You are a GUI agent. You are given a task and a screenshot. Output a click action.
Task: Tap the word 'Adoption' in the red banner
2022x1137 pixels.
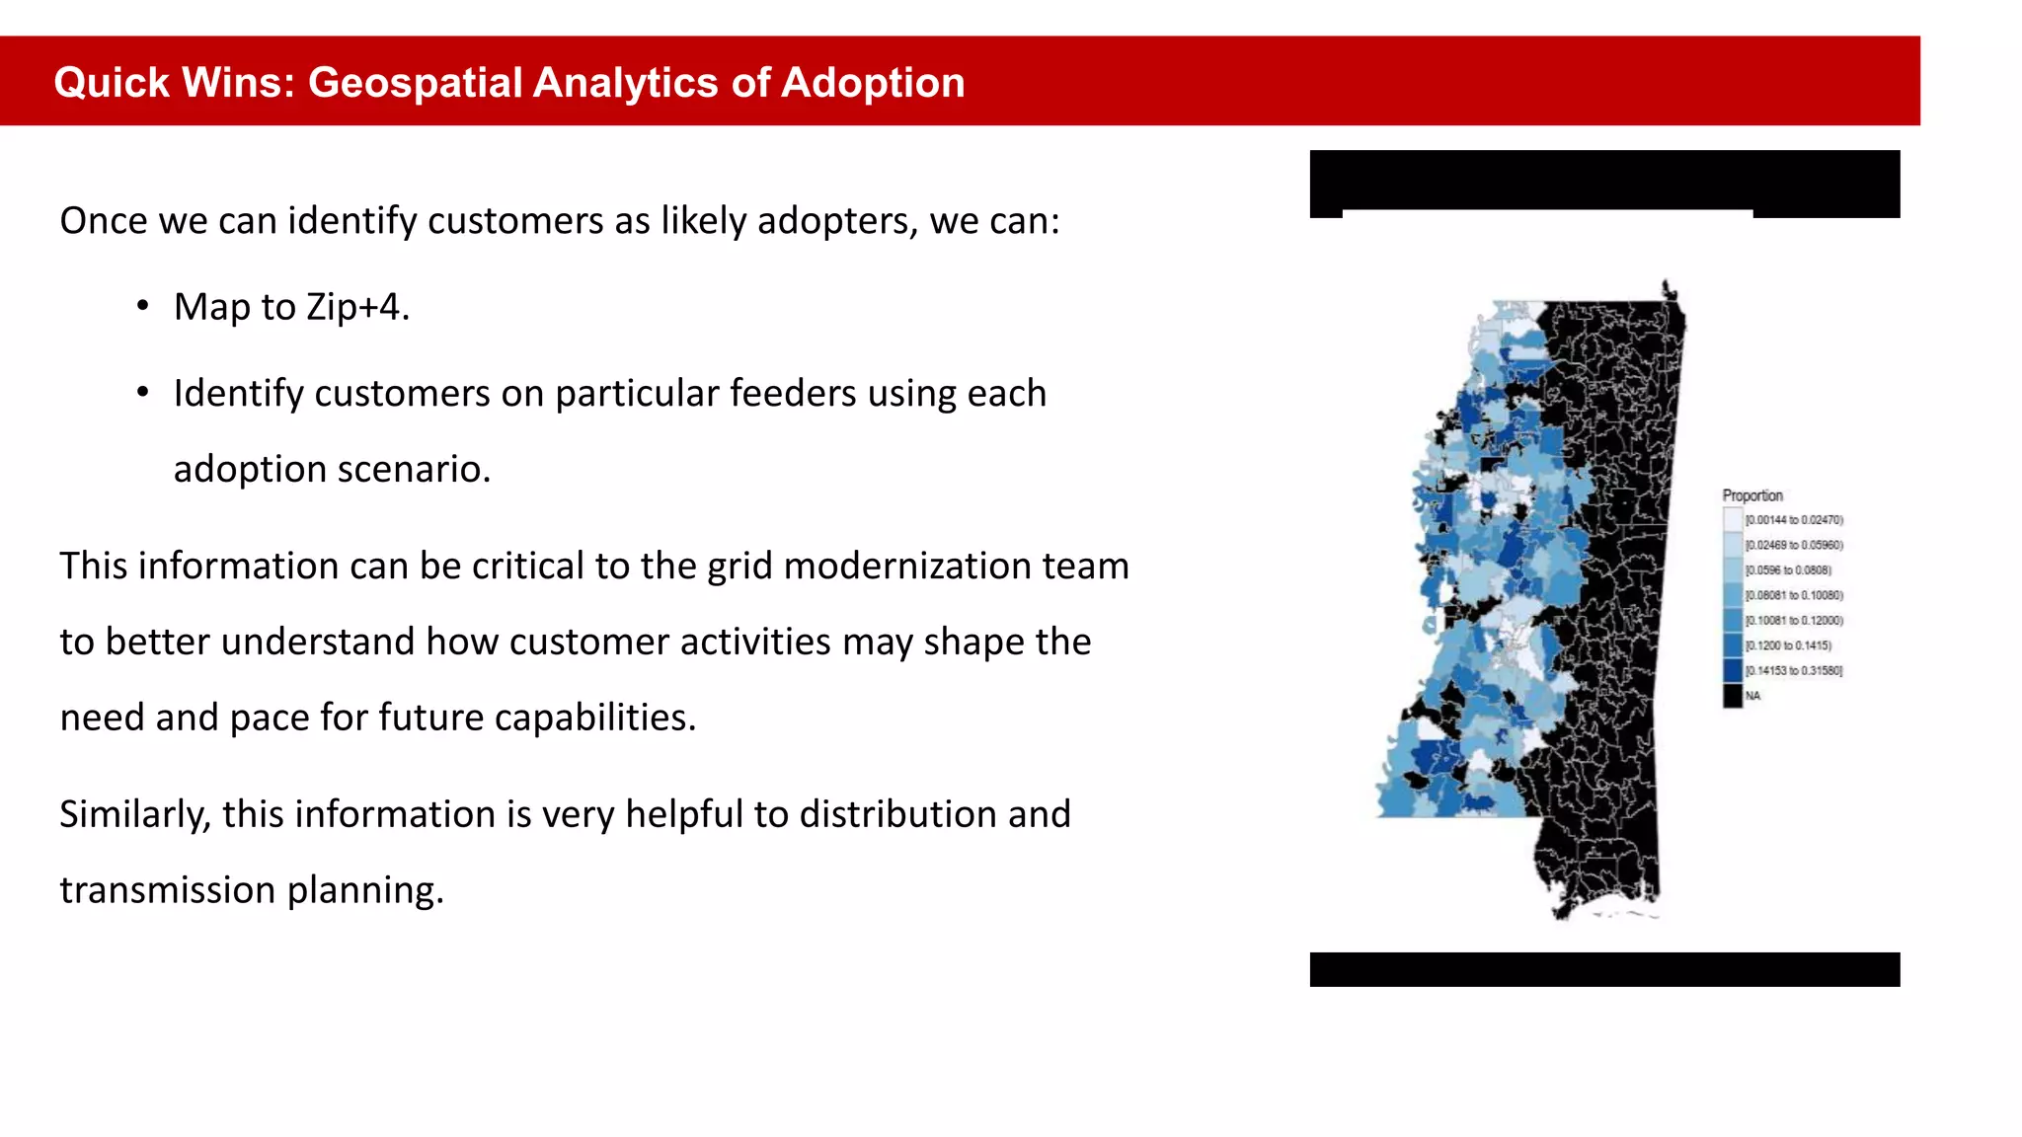click(873, 83)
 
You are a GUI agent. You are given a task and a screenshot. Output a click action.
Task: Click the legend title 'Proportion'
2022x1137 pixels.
click(1752, 495)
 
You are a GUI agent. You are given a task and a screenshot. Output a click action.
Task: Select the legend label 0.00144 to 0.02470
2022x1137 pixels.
click(1794, 520)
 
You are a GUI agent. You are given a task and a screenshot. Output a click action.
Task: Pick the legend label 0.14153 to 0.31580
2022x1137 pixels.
click(1794, 671)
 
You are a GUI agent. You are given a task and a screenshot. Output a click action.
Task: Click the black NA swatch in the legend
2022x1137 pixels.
click(1733, 696)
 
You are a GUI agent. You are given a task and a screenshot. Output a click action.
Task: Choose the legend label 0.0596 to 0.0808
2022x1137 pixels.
click(1788, 570)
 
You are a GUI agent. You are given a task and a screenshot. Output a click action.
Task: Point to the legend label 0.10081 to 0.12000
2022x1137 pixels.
click(1794, 621)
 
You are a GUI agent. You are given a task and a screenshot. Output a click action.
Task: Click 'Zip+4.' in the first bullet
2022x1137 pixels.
click(357, 307)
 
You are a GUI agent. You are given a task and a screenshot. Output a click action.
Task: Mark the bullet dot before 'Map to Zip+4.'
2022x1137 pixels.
click(143, 306)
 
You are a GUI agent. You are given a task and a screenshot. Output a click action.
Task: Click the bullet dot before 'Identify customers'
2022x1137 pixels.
click(143, 393)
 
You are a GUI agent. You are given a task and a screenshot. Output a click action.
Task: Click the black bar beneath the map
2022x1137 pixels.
click(1604, 969)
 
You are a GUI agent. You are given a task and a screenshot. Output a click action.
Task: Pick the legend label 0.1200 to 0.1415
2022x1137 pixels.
click(1788, 645)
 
